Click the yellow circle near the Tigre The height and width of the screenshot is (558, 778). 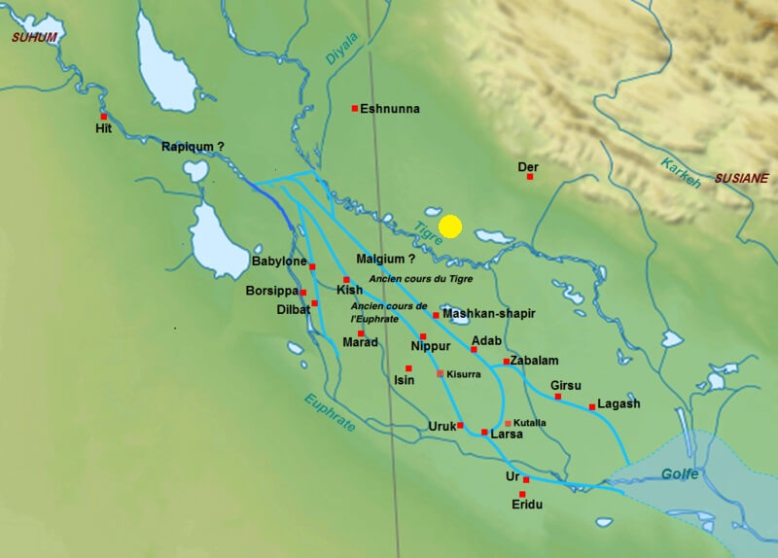click(449, 227)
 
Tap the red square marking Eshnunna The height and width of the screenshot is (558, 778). click(355, 108)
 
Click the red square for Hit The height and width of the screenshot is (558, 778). click(103, 116)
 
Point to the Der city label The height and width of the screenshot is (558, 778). click(528, 167)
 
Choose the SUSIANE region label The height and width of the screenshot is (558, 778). click(742, 178)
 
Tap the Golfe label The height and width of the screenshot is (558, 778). click(680, 473)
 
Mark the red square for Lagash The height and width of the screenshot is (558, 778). click(591, 406)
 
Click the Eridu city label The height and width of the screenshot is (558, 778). click(526, 506)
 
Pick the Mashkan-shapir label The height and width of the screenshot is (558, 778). click(488, 314)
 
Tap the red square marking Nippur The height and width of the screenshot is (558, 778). click(423, 336)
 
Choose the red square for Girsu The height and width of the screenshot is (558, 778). click(558, 397)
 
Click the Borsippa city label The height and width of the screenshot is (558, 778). click(270, 291)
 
